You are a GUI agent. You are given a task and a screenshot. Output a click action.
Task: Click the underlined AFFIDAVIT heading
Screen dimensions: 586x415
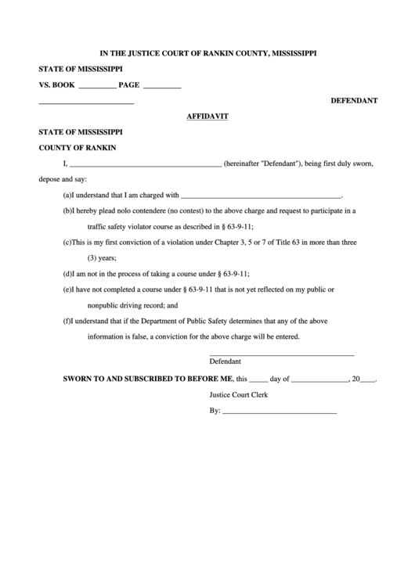click(207, 116)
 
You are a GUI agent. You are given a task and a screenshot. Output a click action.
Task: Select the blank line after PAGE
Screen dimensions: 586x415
click(162, 86)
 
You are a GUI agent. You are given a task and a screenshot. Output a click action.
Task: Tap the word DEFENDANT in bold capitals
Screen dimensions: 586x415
click(354, 101)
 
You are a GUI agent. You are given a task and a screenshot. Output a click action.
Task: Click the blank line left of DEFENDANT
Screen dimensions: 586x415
click(86, 103)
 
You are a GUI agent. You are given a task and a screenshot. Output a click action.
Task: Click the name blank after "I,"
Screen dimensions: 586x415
click(145, 166)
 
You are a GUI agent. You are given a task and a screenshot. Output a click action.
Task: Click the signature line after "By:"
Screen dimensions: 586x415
click(280, 412)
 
